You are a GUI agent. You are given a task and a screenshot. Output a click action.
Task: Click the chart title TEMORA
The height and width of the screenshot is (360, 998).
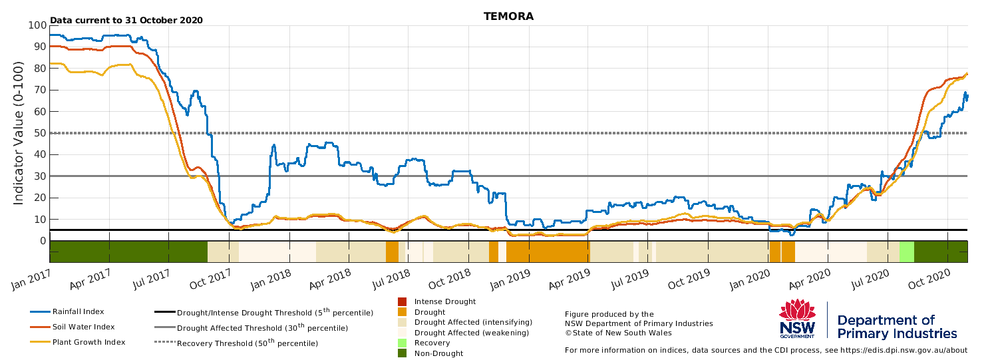pyautogui.click(x=508, y=17)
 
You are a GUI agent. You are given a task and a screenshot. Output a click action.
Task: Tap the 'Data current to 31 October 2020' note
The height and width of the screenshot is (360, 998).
pyautogui.click(x=126, y=20)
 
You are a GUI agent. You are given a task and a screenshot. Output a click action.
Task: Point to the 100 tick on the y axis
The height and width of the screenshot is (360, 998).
pyautogui.click(x=37, y=25)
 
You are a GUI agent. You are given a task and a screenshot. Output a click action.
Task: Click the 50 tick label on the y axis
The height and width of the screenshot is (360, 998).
pyautogui.click(x=40, y=133)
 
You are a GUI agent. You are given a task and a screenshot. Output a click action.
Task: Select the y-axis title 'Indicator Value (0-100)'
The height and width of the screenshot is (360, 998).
pyautogui.click(x=18, y=133)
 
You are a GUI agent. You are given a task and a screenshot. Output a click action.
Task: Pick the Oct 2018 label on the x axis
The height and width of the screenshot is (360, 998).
pyautogui.click(x=450, y=279)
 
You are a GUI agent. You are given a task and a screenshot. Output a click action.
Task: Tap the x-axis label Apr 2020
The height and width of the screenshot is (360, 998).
pyautogui.click(x=809, y=279)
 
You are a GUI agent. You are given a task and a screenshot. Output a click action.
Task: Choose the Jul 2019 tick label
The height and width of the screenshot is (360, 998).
pyautogui.click(x=630, y=279)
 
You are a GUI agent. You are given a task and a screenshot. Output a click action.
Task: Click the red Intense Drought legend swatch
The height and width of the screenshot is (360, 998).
pyautogui.click(x=402, y=301)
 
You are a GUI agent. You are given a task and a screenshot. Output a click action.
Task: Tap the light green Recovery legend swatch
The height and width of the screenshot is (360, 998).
pyautogui.click(x=402, y=343)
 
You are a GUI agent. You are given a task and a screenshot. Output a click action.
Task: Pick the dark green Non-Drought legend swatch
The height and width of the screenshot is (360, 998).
pyautogui.click(x=402, y=353)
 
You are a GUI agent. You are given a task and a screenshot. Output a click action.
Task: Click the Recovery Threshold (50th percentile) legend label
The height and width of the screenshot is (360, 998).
pyautogui.click(x=248, y=343)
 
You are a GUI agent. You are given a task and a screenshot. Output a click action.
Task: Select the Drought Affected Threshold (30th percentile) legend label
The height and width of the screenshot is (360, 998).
pyautogui.click(x=262, y=327)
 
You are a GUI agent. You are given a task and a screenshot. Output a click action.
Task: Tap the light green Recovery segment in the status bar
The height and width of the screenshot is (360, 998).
pyautogui.click(x=907, y=252)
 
